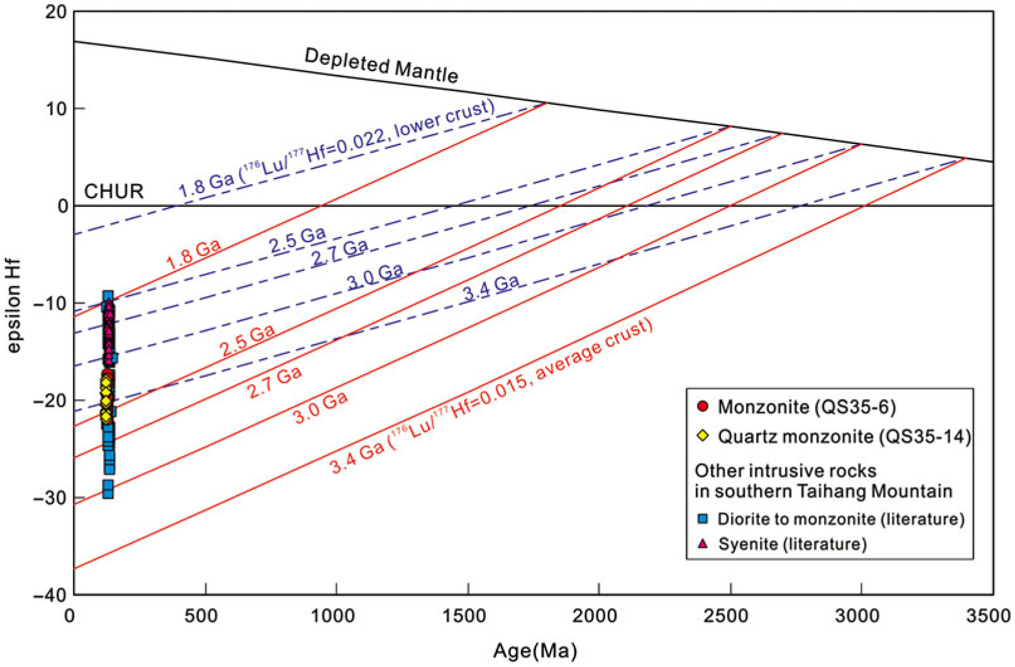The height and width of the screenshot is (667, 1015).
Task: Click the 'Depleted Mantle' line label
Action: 381,65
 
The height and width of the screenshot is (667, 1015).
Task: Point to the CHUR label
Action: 114,191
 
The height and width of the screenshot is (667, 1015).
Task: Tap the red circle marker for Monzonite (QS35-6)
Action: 703,407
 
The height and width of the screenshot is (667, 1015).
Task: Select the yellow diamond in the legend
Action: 703,436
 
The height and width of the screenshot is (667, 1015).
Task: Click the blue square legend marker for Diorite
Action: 703,519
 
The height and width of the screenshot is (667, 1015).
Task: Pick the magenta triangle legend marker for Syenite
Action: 703,543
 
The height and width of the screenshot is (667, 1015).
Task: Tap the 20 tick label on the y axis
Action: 55,12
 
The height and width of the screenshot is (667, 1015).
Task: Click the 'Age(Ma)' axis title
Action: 535,651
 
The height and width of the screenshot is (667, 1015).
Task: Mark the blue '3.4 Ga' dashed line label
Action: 491,289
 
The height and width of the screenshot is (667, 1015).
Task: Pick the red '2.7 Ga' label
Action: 275,382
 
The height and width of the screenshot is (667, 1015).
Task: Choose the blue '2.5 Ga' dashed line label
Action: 298,240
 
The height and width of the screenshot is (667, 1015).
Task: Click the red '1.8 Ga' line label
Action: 194,255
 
